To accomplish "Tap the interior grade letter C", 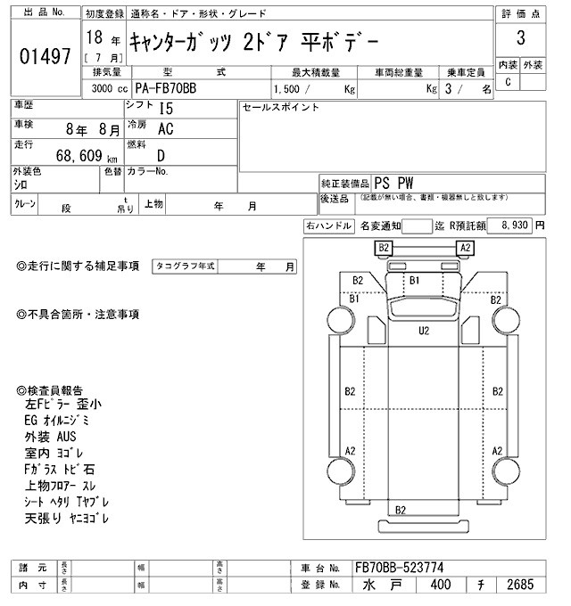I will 508,82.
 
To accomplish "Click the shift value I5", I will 166,108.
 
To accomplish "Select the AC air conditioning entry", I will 165,129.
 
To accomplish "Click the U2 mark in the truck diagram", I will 424,331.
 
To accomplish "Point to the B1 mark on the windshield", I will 413,280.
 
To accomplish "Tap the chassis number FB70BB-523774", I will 399,568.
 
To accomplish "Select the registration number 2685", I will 518,586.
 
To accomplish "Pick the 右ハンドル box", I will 328,226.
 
